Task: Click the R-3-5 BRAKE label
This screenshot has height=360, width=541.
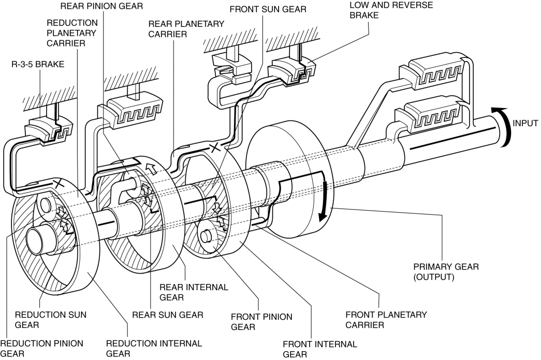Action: tap(38, 64)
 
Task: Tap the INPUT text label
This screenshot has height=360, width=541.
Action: tap(525, 123)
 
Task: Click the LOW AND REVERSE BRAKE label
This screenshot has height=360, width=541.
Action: tap(391, 10)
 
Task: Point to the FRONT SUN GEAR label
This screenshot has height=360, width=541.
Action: tap(268, 9)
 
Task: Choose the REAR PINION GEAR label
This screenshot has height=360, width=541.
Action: tap(101, 6)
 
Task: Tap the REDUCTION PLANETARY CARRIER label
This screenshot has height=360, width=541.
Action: tap(71, 33)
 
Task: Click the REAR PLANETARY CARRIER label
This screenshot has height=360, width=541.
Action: tap(186, 29)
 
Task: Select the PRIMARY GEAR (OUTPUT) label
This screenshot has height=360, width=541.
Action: tap(446, 272)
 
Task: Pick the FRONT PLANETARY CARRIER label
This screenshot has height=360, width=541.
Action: tap(386, 320)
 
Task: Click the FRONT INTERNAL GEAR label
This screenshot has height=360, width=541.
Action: tap(320, 349)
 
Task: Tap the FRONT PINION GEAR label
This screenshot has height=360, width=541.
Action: tap(261, 322)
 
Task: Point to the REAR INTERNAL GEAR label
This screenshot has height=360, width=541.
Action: tap(194, 292)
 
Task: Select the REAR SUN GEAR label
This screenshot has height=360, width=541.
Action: tap(168, 315)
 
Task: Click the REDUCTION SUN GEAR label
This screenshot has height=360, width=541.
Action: tap(51, 320)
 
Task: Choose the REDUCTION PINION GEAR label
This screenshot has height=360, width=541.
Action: tap(42, 348)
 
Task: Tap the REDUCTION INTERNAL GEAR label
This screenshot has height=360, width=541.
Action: tap(154, 348)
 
